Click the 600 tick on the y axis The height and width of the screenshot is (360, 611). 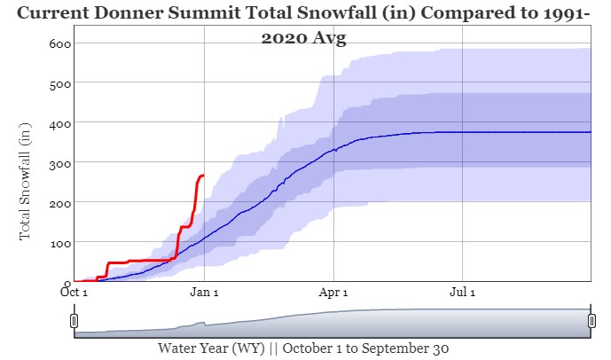pos(60,43)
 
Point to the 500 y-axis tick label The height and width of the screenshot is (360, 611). pos(60,82)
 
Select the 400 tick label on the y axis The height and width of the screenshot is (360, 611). pos(60,122)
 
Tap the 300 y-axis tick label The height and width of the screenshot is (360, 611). pos(60,162)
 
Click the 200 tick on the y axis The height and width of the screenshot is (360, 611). pos(60,202)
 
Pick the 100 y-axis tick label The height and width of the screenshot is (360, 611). pos(60,242)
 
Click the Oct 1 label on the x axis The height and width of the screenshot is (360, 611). pos(74,292)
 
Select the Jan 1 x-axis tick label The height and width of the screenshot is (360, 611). pos(204,292)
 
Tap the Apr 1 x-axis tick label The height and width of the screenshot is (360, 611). pos(333,292)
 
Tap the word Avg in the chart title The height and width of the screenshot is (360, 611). pos(328,38)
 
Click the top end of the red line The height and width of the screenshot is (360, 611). pos(203,176)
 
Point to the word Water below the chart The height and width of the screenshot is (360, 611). pos(179,348)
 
